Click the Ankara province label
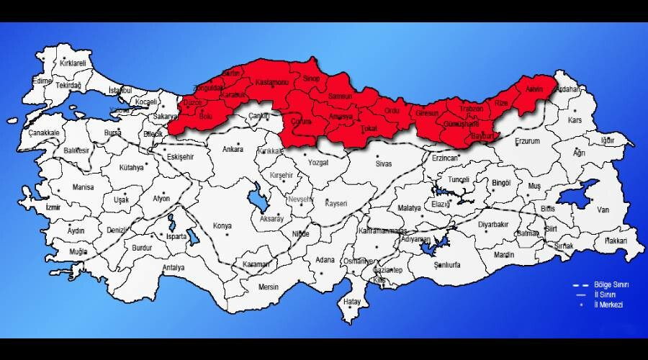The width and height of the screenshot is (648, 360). [232, 150]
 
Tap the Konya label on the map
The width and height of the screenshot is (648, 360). [222, 226]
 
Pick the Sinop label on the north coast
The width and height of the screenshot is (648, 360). [311, 78]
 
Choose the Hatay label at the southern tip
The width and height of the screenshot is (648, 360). [351, 301]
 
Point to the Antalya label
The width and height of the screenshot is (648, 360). [174, 268]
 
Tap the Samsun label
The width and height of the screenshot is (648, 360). [340, 96]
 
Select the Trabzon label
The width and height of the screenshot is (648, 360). [472, 108]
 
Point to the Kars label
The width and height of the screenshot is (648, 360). [574, 120]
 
